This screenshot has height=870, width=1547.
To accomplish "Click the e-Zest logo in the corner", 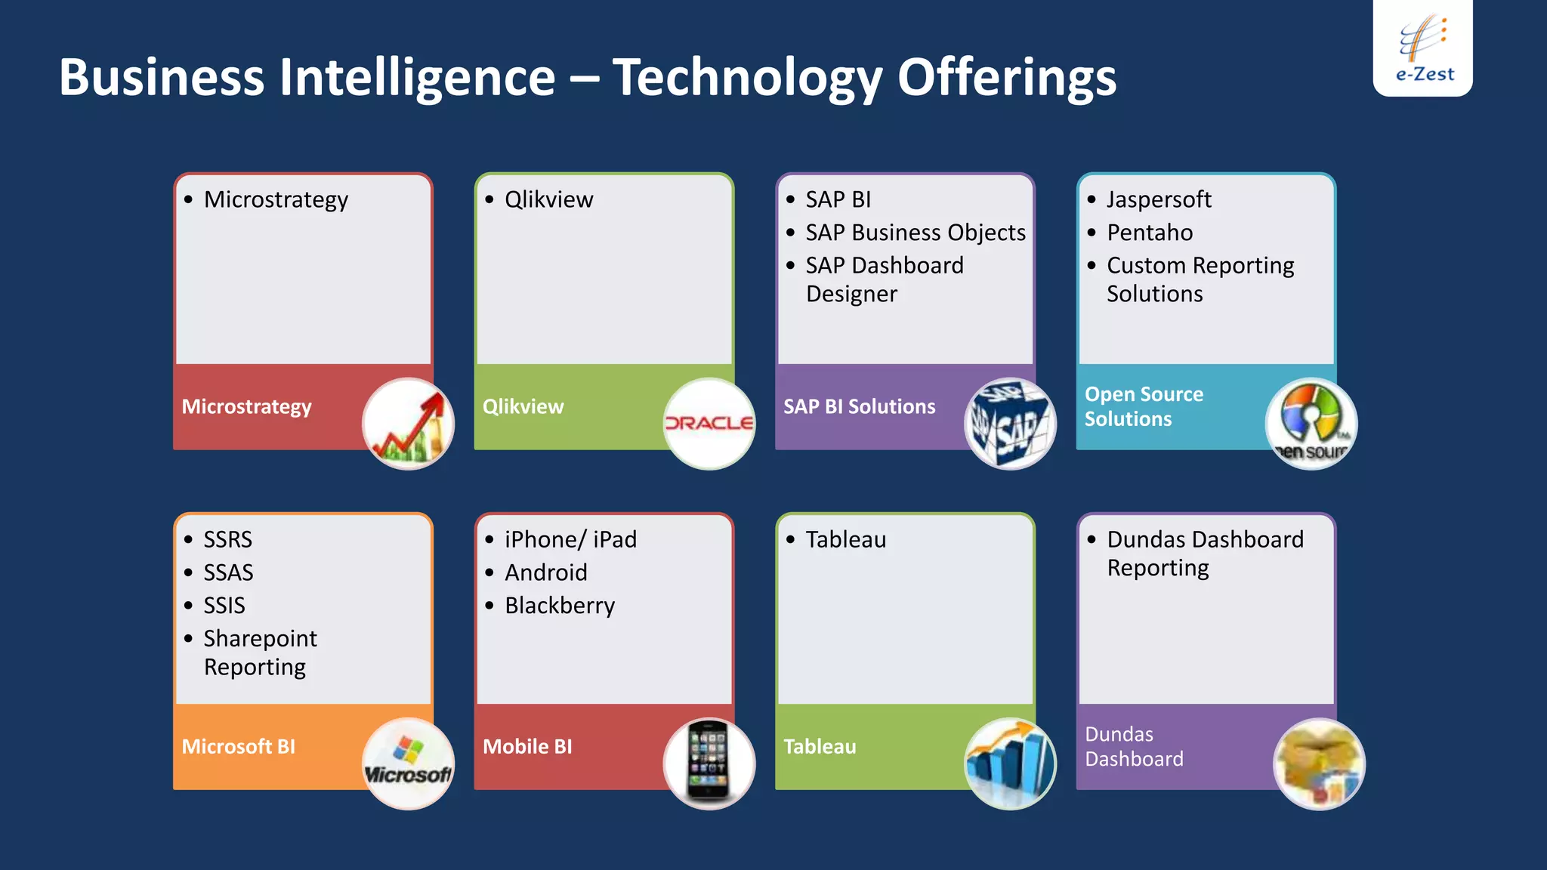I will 1422,48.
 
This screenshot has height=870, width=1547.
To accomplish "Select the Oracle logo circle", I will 709,424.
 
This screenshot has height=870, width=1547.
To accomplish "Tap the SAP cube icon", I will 1010,424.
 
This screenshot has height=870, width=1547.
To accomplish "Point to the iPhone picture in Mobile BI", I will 709,763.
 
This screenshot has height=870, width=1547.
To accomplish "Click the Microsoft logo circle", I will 408,764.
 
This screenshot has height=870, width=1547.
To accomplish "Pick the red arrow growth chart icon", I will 408,424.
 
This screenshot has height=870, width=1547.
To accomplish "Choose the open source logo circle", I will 1311,424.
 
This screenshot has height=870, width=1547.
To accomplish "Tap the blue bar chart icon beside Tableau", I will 1010,764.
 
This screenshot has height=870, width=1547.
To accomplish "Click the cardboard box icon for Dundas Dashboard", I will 1319,764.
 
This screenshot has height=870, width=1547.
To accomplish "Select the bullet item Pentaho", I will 1149,233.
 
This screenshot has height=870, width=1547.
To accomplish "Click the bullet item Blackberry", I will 559,606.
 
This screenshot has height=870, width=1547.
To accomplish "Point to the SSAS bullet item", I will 228,572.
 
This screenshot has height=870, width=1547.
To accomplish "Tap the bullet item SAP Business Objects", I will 915,233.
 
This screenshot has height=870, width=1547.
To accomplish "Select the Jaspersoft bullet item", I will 1158,199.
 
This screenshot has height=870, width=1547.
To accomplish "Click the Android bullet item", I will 545,572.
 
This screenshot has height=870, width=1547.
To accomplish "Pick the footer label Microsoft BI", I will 239,746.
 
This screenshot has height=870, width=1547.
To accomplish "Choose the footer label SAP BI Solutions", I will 859,406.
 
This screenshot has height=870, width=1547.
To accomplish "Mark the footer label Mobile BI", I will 527,746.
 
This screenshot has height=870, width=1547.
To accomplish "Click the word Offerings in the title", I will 1006,78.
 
